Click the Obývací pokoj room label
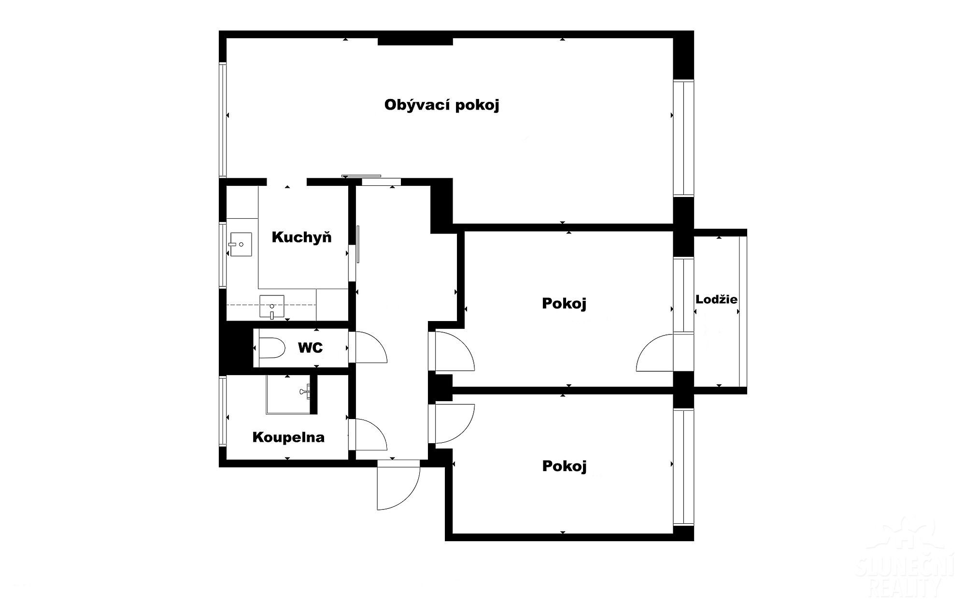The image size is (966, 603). coord(441,105)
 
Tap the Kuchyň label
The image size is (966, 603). coord(302,237)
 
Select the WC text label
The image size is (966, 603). coord(310,348)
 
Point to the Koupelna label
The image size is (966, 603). coord(288,437)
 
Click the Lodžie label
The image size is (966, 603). coord(716,299)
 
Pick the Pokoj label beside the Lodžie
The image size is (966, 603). coord(564,304)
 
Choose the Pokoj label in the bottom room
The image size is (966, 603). coord(564,466)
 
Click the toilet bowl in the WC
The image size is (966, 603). coord(272,348)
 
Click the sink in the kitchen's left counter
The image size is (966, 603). coord(241,244)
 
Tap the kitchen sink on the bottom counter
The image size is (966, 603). coord(272,306)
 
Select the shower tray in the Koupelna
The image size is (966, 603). coord(288,394)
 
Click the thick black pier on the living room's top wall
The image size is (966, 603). coord(415,42)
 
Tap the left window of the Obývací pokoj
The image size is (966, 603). coord(223,120)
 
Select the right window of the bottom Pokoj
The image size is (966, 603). coord(683,467)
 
